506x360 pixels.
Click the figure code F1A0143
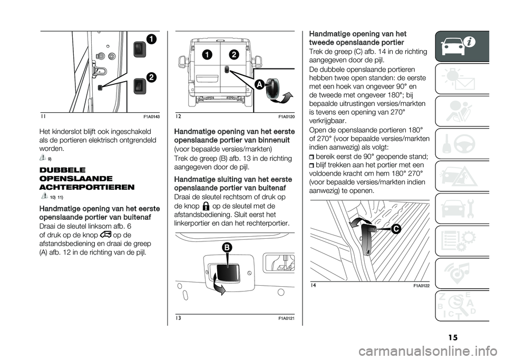click(x=151, y=115)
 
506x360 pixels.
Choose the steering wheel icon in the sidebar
click(x=466, y=143)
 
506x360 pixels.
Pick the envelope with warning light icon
click(x=466, y=79)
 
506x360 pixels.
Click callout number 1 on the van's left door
click(x=208, y=54)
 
